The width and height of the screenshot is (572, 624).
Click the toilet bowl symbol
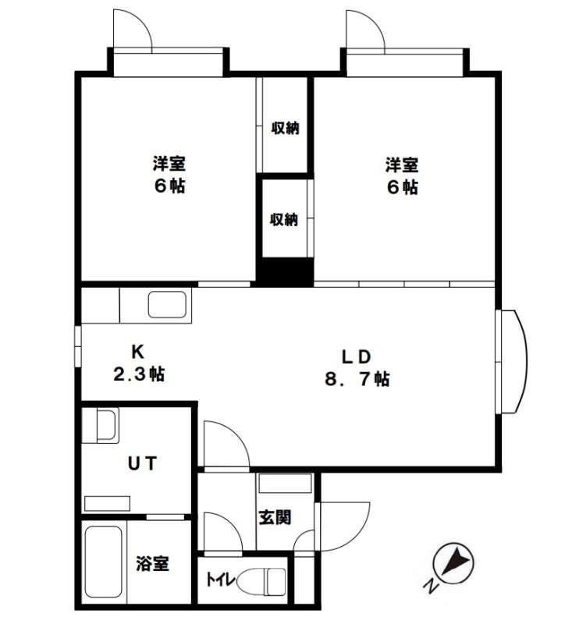click(261, 581)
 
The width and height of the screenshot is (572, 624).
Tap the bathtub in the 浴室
click(104, 562)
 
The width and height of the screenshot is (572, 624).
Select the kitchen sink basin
click(167, 305)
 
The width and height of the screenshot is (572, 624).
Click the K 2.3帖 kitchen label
click(139, 363)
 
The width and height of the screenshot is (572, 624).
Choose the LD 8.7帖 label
click(357, 367)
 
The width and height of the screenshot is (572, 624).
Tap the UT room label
click(142, 463)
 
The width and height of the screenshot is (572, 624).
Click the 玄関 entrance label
click(275, 517)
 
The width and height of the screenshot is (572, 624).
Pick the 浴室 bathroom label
click(152, 563)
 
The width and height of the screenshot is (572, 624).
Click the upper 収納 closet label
click(285, 128)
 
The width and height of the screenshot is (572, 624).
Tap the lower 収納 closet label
click(284, 219)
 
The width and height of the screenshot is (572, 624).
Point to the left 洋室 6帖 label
click(169, 175)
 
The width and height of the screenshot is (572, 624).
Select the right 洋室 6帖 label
click(402, 176)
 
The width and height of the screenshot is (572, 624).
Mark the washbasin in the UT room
click(108, 425)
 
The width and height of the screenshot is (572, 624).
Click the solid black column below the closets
click(285, 272)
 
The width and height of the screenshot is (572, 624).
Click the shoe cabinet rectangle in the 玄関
click(285, 483)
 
